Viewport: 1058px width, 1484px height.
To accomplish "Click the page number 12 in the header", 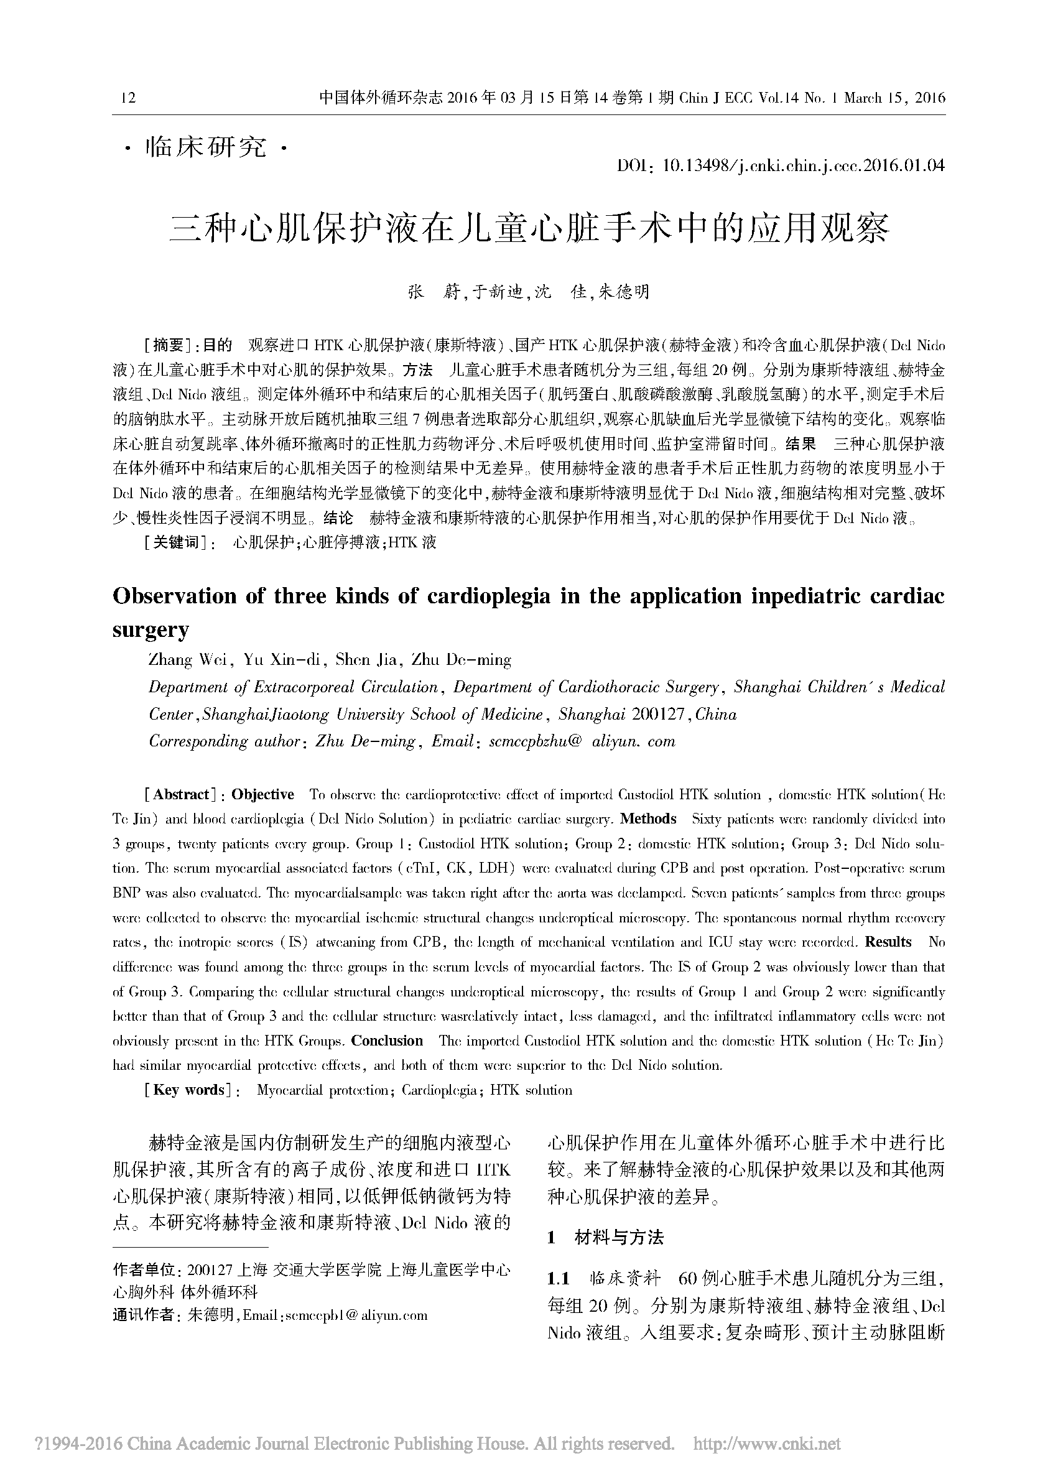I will [x=129, y=98].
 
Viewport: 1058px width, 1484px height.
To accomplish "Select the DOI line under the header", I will [x=781, y=165].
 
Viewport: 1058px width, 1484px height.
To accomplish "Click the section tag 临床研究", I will [x=206, y=148].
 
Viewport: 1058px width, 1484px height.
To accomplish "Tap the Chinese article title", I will [x=529, y=229].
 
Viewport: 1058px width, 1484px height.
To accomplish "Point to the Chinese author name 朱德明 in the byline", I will [x=623, y=292].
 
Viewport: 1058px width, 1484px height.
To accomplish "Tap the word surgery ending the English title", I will [x=151, y=630].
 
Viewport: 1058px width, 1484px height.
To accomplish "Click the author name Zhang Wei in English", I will [x=187, y=660].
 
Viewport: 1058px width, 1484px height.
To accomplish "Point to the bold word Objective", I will [x=262, y=795].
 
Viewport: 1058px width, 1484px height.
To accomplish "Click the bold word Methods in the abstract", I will [x=648, y=819].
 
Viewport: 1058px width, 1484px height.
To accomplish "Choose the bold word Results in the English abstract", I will [x=889, y=942].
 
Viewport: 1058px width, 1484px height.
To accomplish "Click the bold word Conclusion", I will [x=387, y=1041].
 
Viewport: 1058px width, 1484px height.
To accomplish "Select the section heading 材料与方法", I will [x=619, y=1238].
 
